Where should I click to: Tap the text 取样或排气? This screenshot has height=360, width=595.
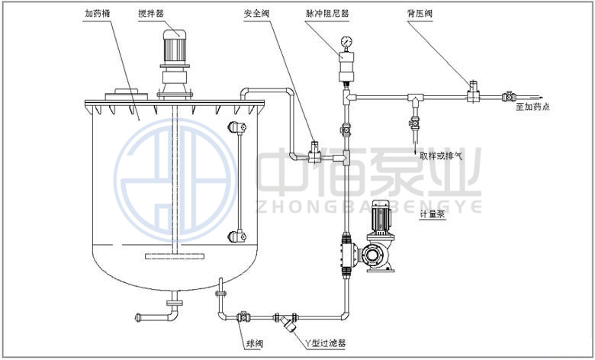pos(441,156)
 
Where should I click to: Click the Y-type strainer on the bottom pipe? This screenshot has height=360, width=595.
pos(287,321)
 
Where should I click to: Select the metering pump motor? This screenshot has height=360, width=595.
pos(378,220)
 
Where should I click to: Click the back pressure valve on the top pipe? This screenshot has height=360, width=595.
pos(473,92)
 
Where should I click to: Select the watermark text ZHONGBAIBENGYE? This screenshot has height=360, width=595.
pos(366,205)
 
